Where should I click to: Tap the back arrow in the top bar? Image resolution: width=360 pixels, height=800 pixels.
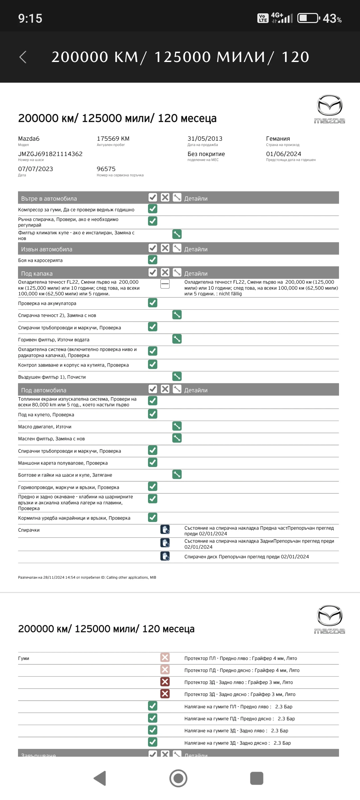(23, 57)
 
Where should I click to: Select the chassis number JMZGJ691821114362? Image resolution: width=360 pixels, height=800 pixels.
(50, 154)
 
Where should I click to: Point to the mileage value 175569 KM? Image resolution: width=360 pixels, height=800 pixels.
(113, 139)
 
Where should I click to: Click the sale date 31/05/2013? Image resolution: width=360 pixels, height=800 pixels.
(205, 139)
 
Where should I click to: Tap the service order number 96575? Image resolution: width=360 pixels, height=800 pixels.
(106, 169)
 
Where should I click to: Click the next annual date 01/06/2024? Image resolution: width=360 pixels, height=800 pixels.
(283, 154)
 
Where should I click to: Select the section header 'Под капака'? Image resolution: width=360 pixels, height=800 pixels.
(37, 274)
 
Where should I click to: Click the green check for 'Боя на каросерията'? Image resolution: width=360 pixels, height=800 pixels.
(153, 260)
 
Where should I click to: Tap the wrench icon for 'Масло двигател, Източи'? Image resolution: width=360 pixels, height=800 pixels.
(177, 426)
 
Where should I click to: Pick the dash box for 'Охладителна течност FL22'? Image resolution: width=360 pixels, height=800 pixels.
(165, 284)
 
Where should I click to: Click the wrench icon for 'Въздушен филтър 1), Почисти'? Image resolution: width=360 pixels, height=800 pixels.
(177, 376)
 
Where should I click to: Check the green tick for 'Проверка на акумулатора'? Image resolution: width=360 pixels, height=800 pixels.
(153, 303)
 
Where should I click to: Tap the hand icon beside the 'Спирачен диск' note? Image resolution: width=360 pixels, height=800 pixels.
(165, 556)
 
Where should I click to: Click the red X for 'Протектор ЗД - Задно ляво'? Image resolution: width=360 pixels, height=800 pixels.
(165, 682)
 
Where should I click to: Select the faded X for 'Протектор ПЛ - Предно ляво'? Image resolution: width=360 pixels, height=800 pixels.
(165, 657)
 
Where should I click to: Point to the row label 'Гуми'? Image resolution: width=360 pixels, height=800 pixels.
(24, 658)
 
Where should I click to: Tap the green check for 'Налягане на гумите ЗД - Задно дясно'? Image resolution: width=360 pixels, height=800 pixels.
(153, 742)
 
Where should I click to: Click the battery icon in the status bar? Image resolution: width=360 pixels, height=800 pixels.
(308, 18)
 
